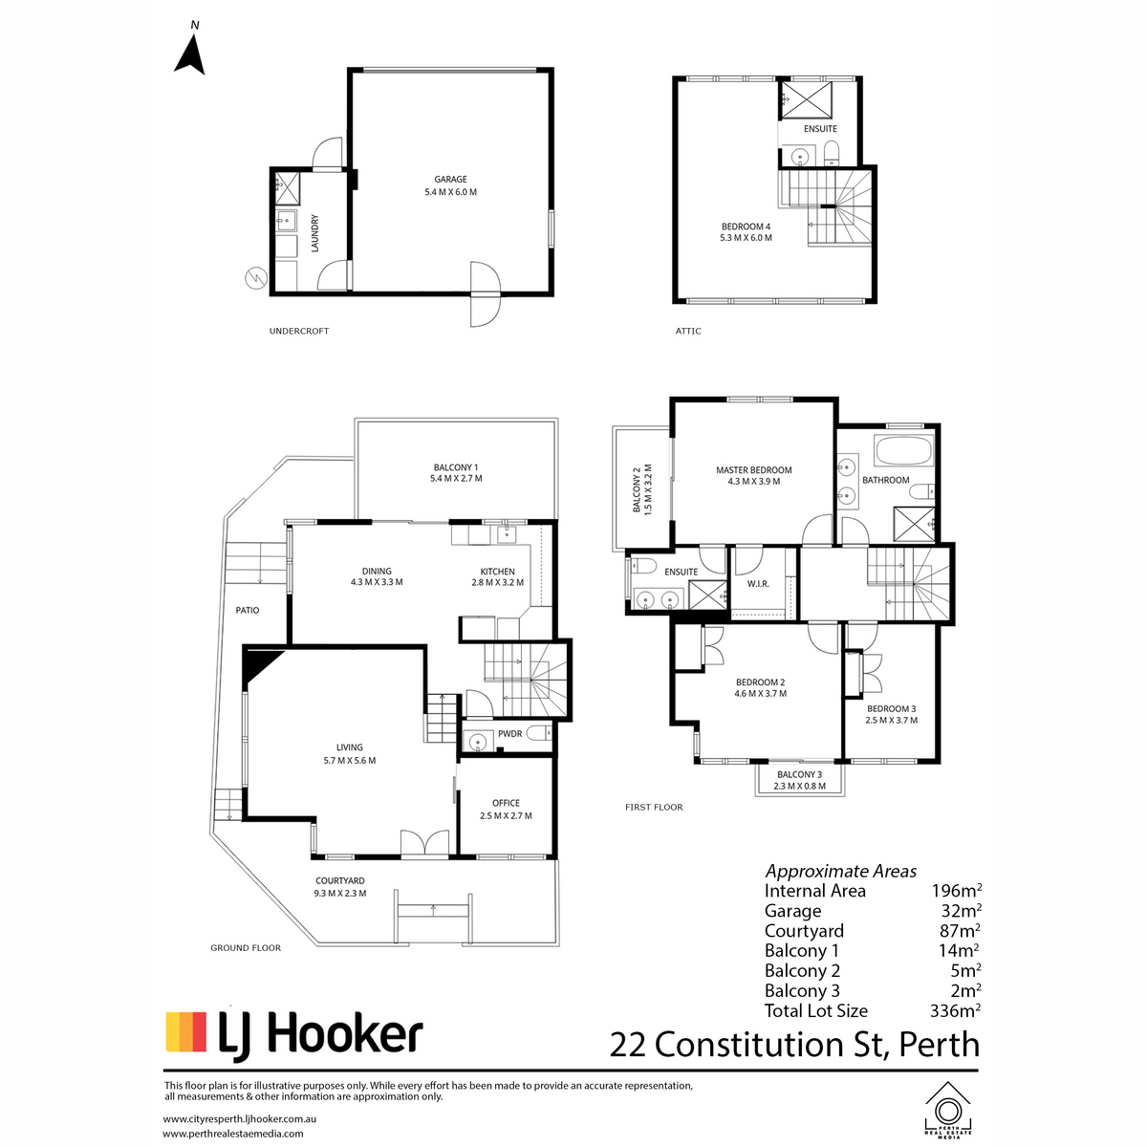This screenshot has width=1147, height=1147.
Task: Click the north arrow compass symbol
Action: [x=190, y=54]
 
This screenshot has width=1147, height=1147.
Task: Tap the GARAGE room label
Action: [x=450, y=179]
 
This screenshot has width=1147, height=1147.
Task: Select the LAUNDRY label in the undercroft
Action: [x=314, y=233]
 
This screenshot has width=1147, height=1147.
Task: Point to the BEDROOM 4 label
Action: [x=746, y=227]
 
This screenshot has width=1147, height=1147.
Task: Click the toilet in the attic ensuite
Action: [x=831, y=154]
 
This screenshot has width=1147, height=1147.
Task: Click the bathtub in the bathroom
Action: [x=903, y=450]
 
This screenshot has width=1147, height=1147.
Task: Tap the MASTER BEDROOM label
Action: [x=753, y=469]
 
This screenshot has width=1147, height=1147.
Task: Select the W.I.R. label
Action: [x=758, y=584]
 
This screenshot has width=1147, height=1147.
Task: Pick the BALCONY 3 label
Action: [x=799, y=774]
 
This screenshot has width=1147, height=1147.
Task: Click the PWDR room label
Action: [x=509, y=734]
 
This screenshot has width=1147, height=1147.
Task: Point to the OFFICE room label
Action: [x=506, y=803]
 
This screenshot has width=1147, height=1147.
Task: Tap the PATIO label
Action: [x=247, y=610]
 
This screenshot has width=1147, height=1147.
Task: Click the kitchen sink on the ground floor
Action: [x=508, y=533]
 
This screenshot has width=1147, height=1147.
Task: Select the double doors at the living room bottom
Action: [x=424, y=843]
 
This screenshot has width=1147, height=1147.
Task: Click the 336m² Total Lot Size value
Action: [x=955, y=1010]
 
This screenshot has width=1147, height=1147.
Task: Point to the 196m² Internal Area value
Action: [x=957, y=891]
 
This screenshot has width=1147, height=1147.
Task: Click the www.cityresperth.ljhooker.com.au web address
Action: [x=240, y=1118]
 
